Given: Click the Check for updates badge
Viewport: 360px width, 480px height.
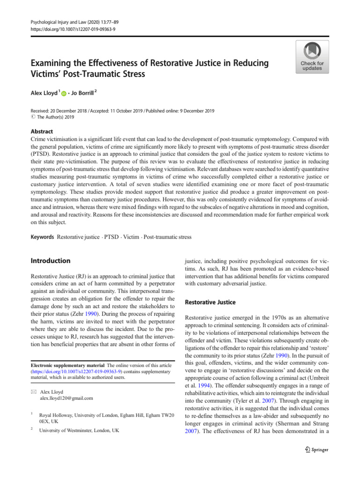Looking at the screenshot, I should coord(312,57).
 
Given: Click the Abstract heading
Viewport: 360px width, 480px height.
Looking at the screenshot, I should coord(41,132).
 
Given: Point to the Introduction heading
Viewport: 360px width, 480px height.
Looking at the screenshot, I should coord(51,261).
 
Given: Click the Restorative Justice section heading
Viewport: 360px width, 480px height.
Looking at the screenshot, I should coord(211,303).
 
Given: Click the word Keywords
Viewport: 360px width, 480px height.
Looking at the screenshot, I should coord(42,237).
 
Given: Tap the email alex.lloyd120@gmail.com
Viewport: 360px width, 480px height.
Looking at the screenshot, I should coord(67,398).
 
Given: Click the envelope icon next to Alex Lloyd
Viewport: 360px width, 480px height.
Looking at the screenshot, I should coord(33,391).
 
